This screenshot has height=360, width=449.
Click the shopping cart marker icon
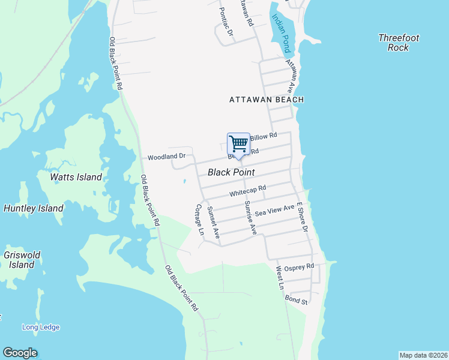click(x=238, y=145)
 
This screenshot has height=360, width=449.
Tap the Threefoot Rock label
click(x=399, y=43)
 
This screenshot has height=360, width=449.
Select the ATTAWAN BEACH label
click(x=267, y=100)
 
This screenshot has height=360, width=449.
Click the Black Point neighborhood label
click(x=231, y=172)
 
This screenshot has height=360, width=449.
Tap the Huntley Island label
click(x=34, y=208)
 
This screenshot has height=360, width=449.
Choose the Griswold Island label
click(x=22, y=260)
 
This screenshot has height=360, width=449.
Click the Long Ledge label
click(x=41, y=327)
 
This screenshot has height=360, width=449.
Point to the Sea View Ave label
click(x=274, y=211)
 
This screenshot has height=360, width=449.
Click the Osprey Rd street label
click(x=299, y=266)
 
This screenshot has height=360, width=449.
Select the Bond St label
click(x=297, y=299)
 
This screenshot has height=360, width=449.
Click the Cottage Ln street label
click(x=199, y=220)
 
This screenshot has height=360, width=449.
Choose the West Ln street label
click(x=280, y=278)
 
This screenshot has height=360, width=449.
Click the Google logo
click(x=20, y=353)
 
